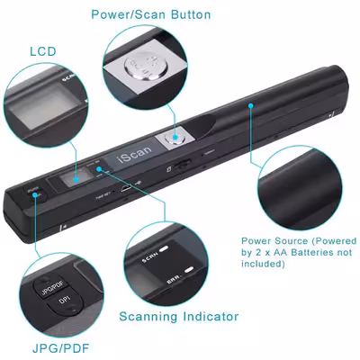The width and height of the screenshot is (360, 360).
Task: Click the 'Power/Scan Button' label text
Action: point(164,14)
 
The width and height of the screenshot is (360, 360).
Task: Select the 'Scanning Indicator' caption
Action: point(179,317)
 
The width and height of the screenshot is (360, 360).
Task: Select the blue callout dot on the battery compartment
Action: point(251,105)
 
